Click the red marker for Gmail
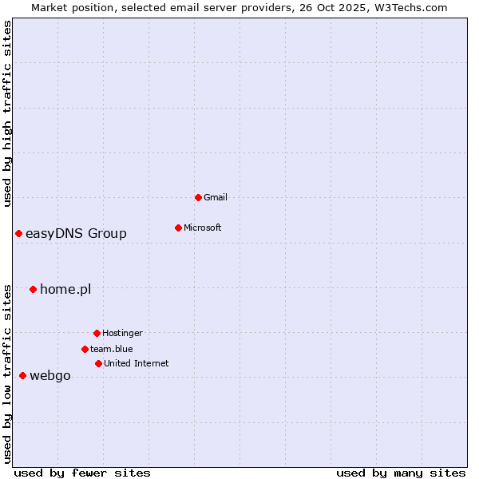198,197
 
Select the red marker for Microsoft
178,228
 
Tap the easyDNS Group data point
18,233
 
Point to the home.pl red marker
33,289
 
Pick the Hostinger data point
97,333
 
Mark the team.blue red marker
85,349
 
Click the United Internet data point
98,363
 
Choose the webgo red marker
22,375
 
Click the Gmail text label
216,197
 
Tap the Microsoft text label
203,228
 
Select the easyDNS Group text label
76,233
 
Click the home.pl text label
65,289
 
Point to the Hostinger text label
122,333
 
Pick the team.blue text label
112,349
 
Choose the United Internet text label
137,363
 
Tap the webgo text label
50,375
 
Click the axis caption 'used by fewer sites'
82,473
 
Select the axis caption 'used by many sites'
401,473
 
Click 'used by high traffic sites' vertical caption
7,113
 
